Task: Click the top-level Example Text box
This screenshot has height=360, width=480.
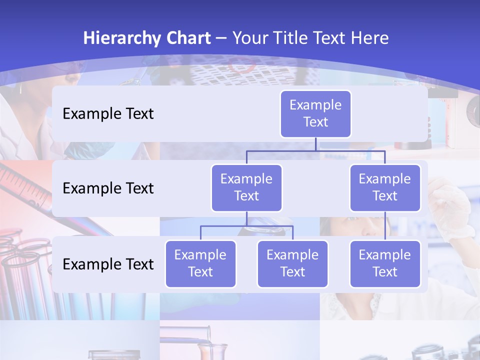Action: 315,114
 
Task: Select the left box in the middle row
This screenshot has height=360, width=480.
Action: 246,187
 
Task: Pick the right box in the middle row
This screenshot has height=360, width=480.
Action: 385,187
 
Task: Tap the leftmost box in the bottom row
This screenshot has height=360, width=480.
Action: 200,263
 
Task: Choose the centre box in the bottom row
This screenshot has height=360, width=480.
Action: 292,263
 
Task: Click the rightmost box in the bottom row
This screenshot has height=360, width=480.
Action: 385,263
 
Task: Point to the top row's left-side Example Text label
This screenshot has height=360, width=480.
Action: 108,114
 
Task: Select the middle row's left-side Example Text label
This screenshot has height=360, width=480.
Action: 108,188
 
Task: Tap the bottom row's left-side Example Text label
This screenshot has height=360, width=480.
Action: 108,264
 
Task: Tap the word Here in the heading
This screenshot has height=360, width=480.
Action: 368,38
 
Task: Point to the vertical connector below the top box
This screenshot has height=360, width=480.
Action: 315,144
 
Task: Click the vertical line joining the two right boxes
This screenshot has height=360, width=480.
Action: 385,226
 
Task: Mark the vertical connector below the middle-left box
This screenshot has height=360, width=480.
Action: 246,218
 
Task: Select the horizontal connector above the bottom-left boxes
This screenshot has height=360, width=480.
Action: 246,226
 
